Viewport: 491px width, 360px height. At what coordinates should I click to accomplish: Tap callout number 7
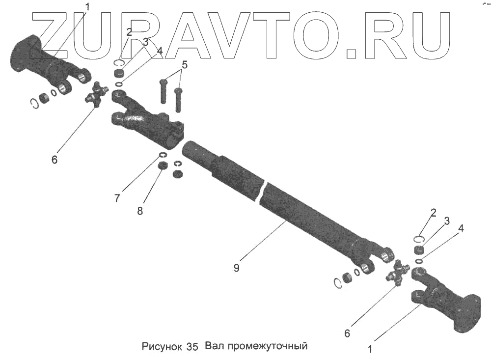(117, 198)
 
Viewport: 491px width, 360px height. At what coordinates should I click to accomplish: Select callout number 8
(140, 211)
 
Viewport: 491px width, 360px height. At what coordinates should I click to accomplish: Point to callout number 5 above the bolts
(184, 65)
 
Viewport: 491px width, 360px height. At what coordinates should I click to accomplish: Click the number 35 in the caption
(192, 347)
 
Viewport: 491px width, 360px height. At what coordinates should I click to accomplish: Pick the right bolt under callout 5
(178, 98)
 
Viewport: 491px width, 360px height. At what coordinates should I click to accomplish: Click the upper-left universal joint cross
(99, 94)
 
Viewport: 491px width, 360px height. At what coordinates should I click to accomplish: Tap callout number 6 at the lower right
(347, 333)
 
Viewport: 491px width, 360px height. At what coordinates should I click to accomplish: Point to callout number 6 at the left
(54, 160)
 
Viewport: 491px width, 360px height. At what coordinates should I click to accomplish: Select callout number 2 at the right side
(433, 213)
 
